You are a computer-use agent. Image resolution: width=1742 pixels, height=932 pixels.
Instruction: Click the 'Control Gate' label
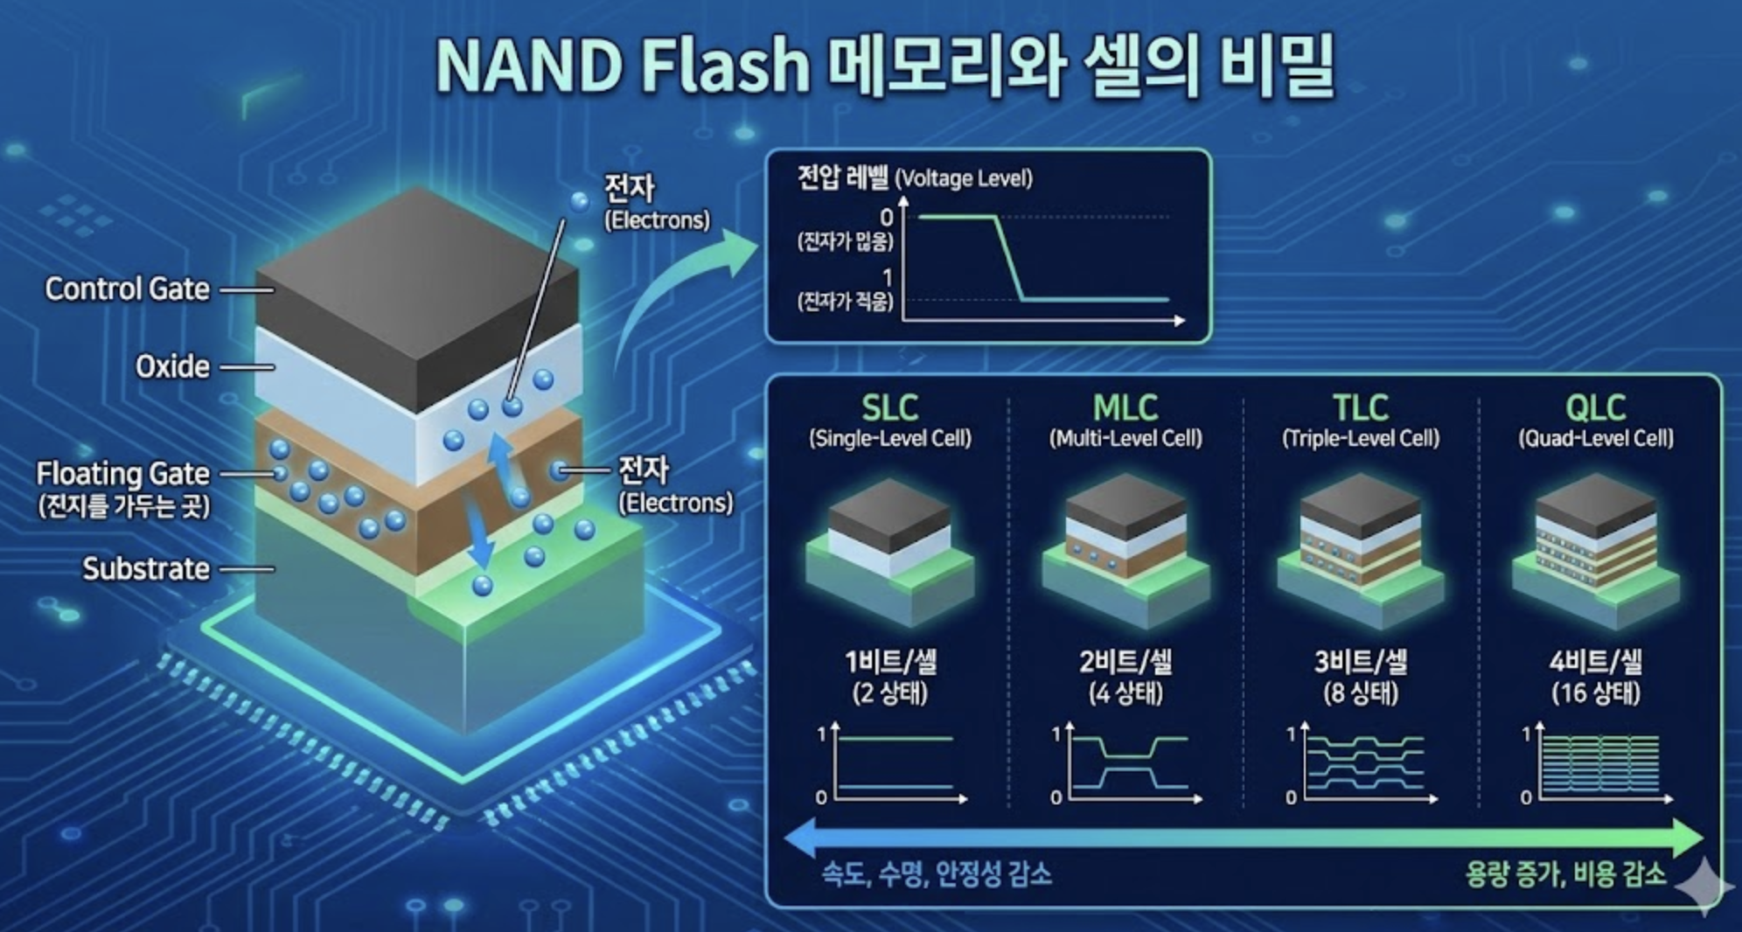click(x=128, y=289)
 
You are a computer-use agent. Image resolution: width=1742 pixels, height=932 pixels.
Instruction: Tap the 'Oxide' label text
click(x=172, y=366)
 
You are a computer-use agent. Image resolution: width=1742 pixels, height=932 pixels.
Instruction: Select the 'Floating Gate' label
click(x=123, y=474)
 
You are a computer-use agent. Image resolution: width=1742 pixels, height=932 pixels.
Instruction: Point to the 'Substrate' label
click(x=146, y=569)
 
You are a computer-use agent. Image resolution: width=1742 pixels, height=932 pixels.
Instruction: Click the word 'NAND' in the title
click(x=528, y=65)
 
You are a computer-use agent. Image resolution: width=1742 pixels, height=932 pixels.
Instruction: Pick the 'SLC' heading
click(x=890, y=407)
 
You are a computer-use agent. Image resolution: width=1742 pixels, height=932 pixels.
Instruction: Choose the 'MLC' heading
click(x=1125, y=407)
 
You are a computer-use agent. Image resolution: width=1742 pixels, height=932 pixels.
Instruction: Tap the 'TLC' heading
click(x=1361, y=407)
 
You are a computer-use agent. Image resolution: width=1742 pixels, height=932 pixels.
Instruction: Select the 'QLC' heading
click(x=1596, y=407)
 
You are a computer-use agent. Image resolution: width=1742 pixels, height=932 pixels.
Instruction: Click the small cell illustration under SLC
click(x=890, y=551)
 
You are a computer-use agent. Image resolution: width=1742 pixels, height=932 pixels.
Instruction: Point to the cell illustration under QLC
click(x=1596, y=551)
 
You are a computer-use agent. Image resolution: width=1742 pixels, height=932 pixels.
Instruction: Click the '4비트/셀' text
click(x=1596, y=662)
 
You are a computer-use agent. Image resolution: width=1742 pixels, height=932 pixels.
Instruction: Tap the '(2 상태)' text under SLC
click(x=890, y=694)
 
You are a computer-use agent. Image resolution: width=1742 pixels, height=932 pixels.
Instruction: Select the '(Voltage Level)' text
click(x=964, y=179)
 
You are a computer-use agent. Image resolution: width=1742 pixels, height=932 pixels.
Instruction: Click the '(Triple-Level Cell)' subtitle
click(x=1361, y=438)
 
